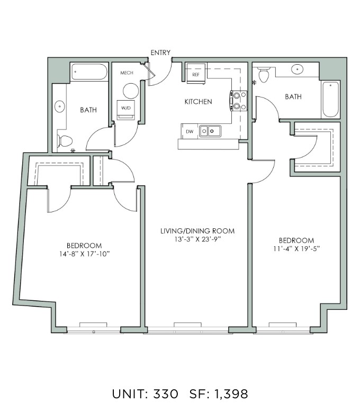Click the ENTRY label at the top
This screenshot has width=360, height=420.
tap(160, 52)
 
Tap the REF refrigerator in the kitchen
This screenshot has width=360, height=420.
tap(196, 74)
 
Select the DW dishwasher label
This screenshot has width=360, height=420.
tap(190, 131)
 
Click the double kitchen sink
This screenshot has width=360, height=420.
tap(210, 131)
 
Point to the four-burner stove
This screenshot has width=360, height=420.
tap(238, 101)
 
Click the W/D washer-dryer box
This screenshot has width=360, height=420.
tap(126, 110)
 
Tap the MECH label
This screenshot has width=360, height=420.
tap(127, 73)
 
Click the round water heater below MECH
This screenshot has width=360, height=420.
tap(131, 91)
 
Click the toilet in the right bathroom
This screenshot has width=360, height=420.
tap(264, 75)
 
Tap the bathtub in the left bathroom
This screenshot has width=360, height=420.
tap(89, 72)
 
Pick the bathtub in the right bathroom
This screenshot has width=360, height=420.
tap(330, 100)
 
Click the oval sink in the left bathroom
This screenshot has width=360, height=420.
tap(60, 106)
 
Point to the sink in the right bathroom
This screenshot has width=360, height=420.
tap(297, 69)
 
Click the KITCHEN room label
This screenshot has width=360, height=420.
tap(199, 102)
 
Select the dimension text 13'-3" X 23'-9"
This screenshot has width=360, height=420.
tap(197, 239)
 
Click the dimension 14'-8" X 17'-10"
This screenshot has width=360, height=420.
tap(85, 254)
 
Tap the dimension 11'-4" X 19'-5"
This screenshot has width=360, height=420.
tap(296, 248)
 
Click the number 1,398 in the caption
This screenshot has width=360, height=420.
tap(231, 394)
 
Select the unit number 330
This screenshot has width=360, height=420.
tap(166, 394)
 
